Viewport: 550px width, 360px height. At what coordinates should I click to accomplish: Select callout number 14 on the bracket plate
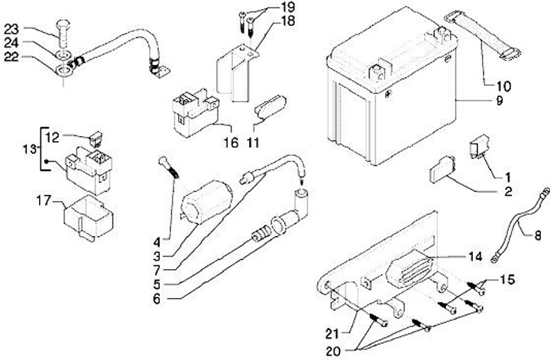pos(475,256)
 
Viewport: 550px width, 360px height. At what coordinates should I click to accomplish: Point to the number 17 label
pos(44,202)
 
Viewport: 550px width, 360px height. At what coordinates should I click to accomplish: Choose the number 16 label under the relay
pos(230,143)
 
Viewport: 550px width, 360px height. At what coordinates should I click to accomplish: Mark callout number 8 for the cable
pos(537,235)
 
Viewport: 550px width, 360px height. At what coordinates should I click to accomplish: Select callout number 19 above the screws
pos(265,7)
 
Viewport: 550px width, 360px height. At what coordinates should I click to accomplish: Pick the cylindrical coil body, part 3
pos(203,200)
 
